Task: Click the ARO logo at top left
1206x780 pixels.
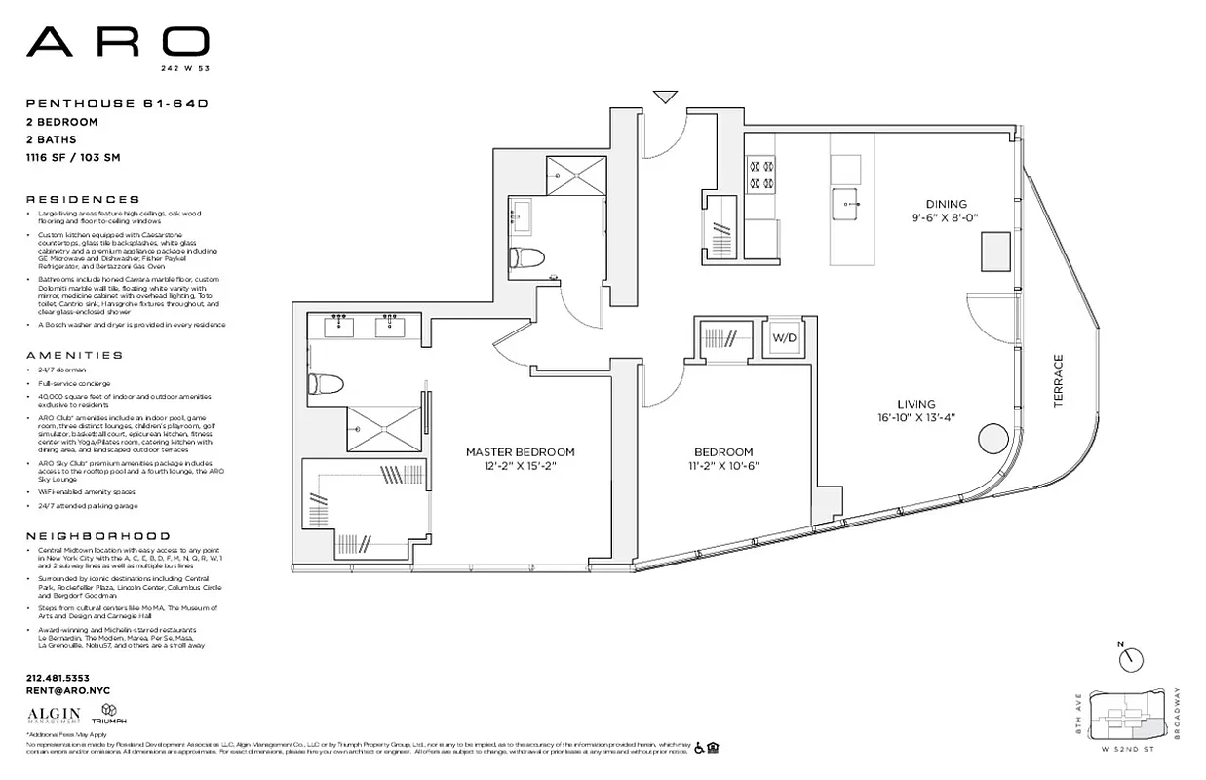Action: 117,42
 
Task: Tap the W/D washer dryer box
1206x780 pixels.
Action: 785,338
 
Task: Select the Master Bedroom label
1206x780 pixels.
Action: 519,459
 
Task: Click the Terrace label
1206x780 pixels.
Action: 1059,381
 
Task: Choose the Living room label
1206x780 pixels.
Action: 915,410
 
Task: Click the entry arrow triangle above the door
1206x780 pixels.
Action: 665,96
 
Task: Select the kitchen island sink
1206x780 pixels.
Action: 844,204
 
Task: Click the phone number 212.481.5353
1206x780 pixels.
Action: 58,678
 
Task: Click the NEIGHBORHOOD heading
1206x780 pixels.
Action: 97,536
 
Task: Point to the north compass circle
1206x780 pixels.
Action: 1131,660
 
